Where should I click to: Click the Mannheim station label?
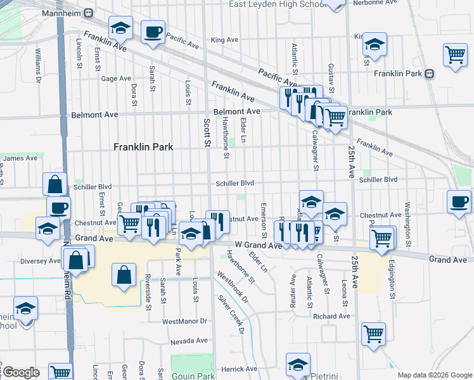(64, 12)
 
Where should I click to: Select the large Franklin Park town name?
(143, 146)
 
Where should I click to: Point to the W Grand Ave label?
(257, 245)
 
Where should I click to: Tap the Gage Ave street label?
(115, 79)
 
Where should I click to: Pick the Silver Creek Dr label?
(231, 314)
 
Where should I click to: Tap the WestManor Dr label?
(184, 321)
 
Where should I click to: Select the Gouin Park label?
(193, 375)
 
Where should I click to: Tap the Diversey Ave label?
(39, 260)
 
